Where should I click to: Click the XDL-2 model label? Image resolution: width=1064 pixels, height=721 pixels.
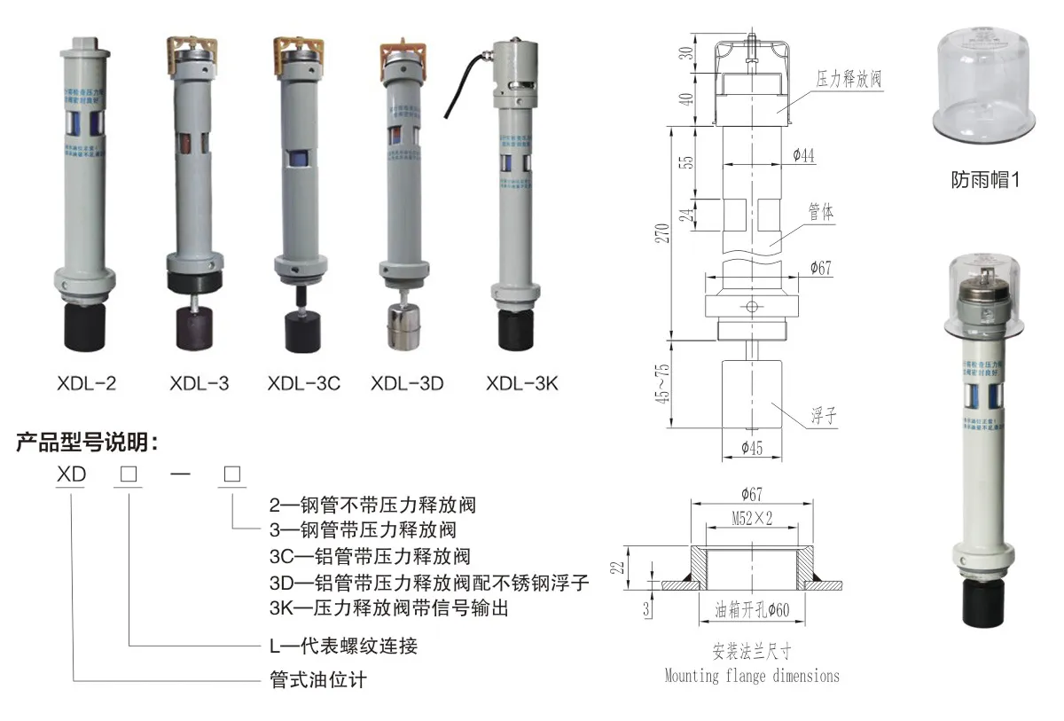[x=85, y=384]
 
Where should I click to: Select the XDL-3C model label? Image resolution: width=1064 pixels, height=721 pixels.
[x=303, y=384]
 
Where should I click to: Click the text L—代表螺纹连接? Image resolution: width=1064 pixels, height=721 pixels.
[x=343, y=647]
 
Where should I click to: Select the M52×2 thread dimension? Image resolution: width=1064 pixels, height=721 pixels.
[x=752, y=520]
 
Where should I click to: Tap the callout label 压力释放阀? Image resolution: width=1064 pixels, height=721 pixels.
[x=849, y=80]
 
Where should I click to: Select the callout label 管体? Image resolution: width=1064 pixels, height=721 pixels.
[x=820, y=213]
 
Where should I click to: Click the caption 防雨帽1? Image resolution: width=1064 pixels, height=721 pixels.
[x=986, y=180]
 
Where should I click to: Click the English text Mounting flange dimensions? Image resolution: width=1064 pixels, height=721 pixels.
[x=752, y=676]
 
